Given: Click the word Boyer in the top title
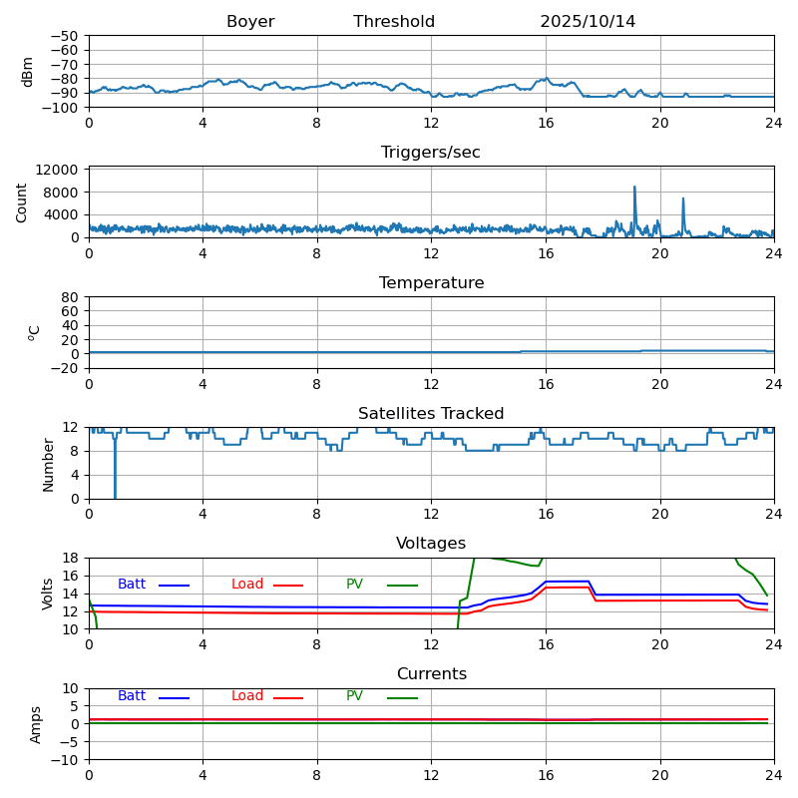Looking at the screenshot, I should [250, 22].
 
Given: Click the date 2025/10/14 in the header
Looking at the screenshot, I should [588, 22].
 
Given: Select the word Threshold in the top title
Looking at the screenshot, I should [394, 22].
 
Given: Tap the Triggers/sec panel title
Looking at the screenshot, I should [431, 153].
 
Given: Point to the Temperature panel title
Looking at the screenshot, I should [431, 283].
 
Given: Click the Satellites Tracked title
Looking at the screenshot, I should [431, 414].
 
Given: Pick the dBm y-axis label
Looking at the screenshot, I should [28, 72].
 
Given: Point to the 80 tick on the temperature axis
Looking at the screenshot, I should [71, 297].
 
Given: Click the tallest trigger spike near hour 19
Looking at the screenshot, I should [634, 188].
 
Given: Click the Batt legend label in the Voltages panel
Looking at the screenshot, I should [132, 585].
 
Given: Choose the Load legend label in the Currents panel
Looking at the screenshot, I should [247, 696].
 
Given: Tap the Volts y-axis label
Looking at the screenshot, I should [48, 594].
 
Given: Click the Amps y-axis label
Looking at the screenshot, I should [36, 724].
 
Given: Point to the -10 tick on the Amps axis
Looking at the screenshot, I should [65, 760].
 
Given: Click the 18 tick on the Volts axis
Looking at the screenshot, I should [71, 558].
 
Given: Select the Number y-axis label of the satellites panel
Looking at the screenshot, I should [48, 464].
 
